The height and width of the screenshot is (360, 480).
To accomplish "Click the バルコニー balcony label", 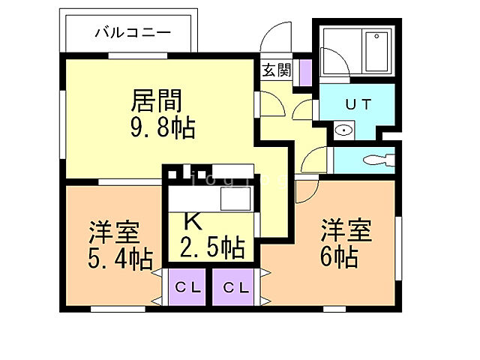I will pyautogui.click(x=133, y=32).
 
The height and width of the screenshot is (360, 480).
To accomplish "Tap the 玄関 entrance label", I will pyautogui.click(x=277, y=70).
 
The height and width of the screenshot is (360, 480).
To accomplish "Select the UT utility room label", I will pyautogui.click(x=357, y=104).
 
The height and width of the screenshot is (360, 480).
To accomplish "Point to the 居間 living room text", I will pyautogui.click(x=157, y=100).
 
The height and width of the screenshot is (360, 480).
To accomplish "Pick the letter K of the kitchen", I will pyautogui.click(x=193, y=221).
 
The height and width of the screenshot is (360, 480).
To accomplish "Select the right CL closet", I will pyautogui.click(x=235, y=286).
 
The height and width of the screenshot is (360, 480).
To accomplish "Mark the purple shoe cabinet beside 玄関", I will pyautogui.click(x=305, y=70).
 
